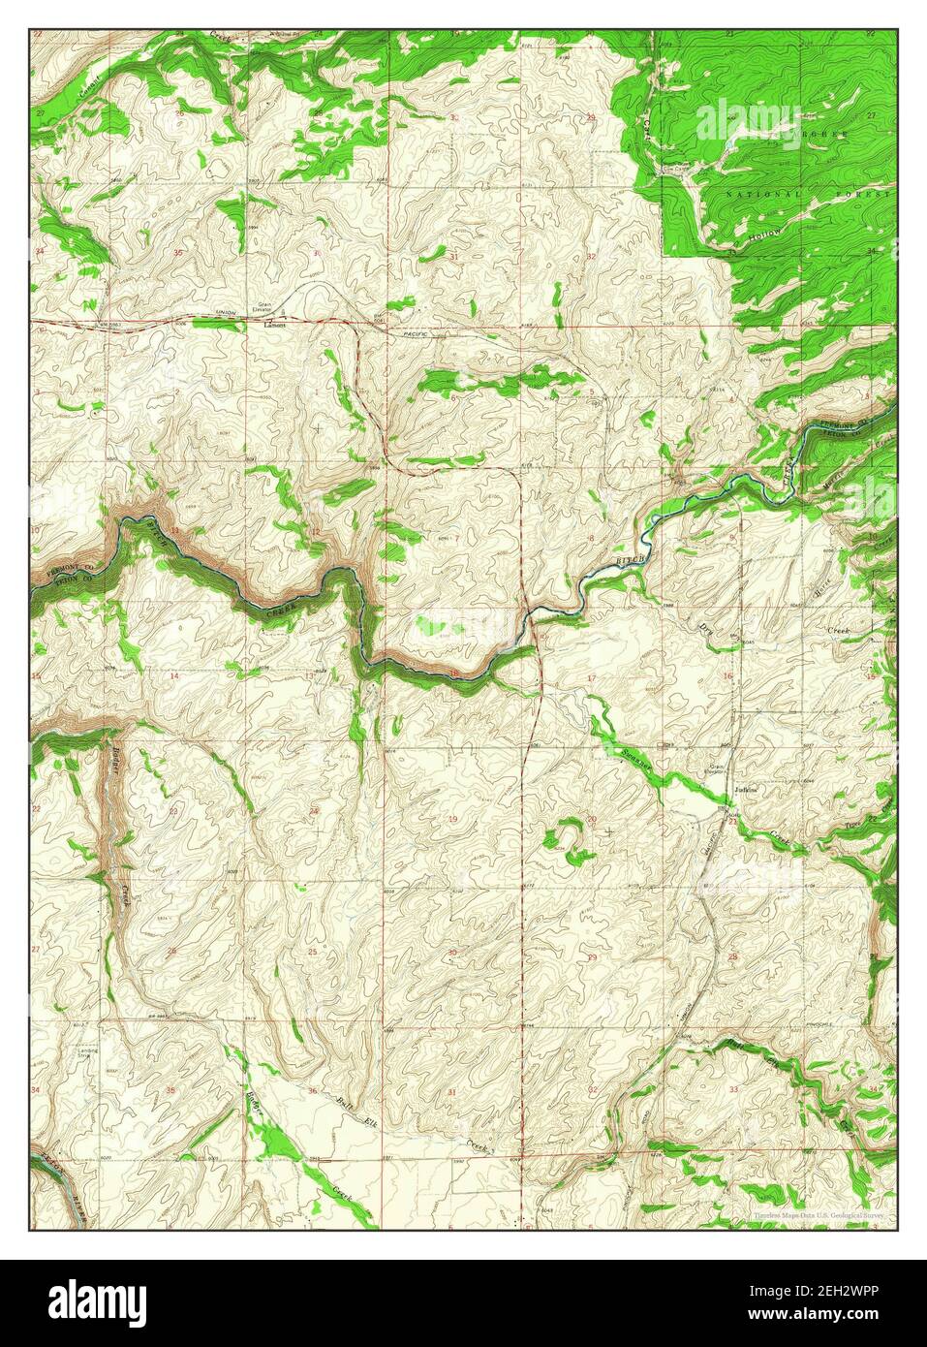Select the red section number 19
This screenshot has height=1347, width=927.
(452, 820)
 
